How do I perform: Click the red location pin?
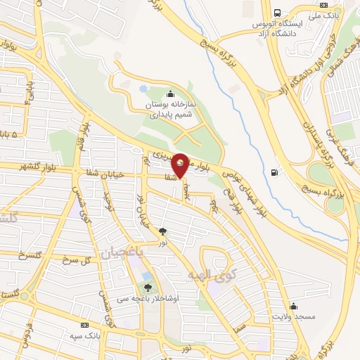[x=181, y=165]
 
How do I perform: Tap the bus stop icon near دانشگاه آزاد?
[x=278, y=13]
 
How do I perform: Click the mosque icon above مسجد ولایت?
[x=293, y=307]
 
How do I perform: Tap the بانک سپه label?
[x=86, y=336]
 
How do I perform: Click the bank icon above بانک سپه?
[x=86, y=326]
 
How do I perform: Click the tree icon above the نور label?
[x=163, y=231]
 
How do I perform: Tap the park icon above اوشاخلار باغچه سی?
[x=148, y=288]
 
